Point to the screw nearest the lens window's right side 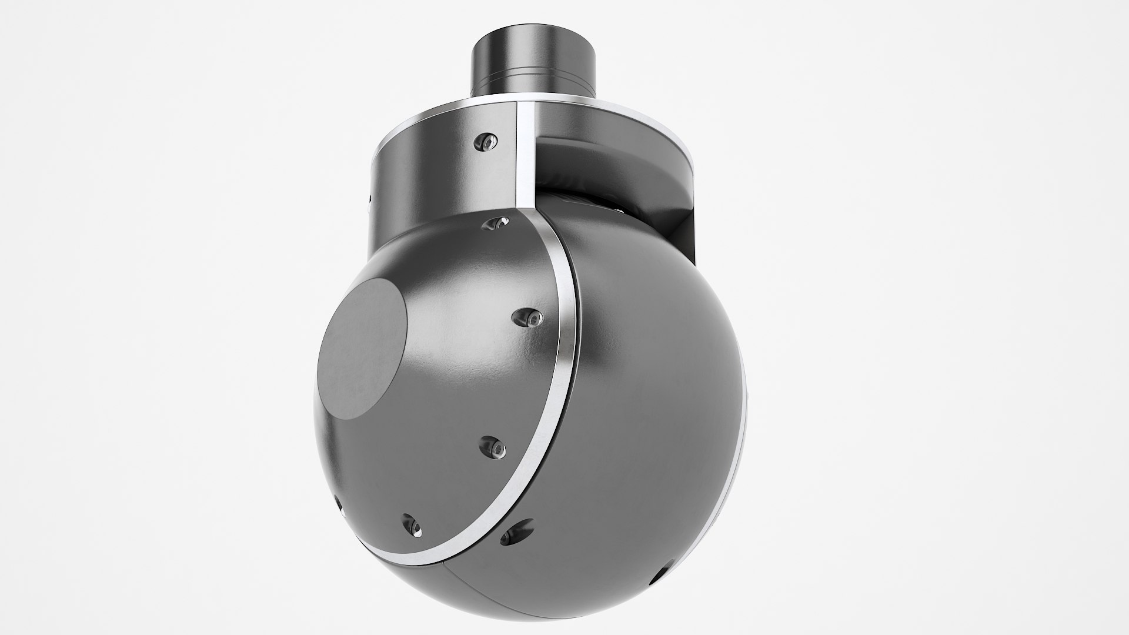(x=527, y=318)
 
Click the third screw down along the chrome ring (x=493, y=447)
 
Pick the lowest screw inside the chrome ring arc (x=410, y=524)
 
